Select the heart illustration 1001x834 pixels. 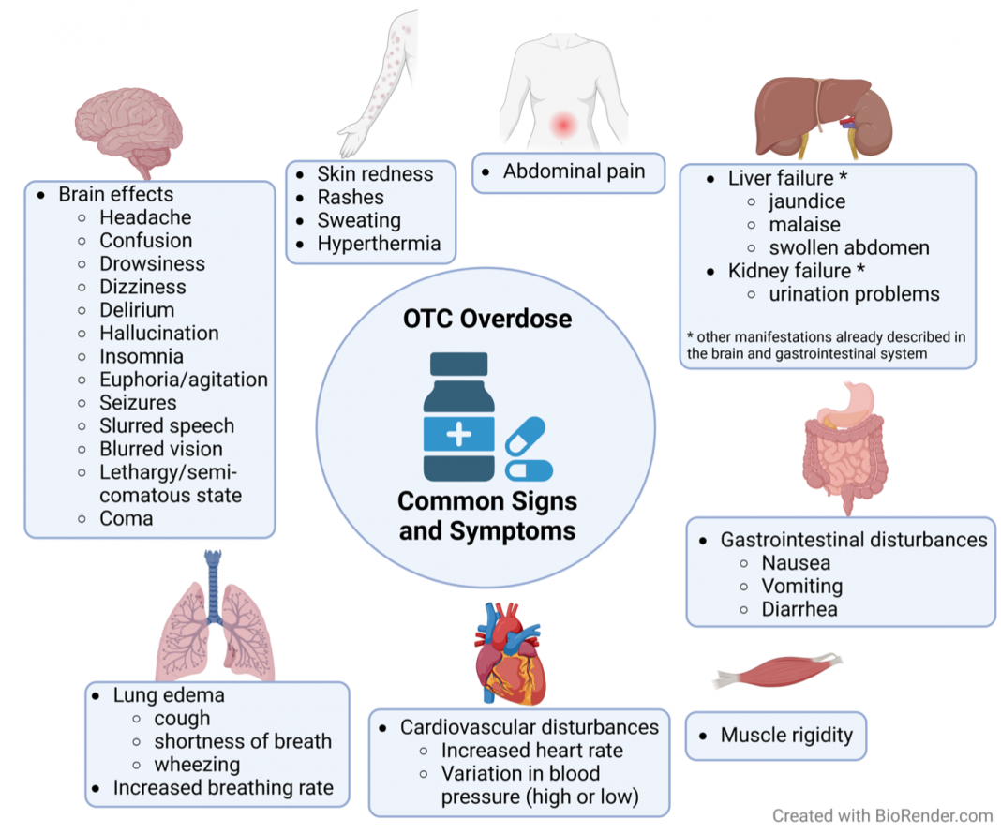510,653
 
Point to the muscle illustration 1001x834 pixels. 778,671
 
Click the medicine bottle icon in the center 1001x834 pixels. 458,416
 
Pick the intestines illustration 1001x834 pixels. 845,448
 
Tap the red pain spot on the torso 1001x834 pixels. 563,124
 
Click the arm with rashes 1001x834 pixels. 380,84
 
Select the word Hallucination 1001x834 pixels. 159,333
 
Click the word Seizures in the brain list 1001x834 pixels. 138,403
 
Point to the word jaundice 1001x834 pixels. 807,201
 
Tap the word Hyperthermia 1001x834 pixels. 380,244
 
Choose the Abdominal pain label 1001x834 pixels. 574,171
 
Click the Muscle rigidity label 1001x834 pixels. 786,735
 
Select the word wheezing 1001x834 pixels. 197,765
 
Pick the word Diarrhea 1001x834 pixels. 799,609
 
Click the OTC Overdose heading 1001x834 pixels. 487,319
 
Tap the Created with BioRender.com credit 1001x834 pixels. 882,815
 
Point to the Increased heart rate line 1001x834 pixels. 531,751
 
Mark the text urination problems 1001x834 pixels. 854,294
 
